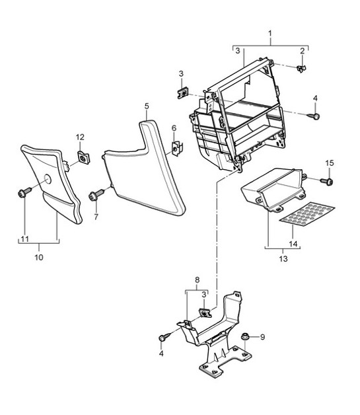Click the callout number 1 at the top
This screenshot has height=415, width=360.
pyautogui.click(x=270, y=34)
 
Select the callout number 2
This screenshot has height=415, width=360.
pyautogui.click(x=303, y=51)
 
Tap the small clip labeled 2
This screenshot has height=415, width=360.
pyautogui.click(x=301, y=69)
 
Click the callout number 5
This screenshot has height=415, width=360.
pyautogui.click(x=147, y=106)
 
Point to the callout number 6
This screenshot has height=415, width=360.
pyautogui.click(x=174, y=128)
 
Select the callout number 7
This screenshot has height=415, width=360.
pyautogui.click(x=96, y=217)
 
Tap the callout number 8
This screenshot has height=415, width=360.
pyautogui.click(x=197, y=280)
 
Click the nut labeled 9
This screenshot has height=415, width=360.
pyautogui.click(x=244, y=337)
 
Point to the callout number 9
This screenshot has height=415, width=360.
pyautogui.click(x=262, y=337)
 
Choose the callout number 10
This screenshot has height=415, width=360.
pyautogui.click(x=39, y=257)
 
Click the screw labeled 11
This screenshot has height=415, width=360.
pyautogui.click(x=24, y=193)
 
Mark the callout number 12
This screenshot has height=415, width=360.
pyautogui.click(x=80, y=137)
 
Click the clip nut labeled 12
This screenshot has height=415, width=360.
pyautogui.click(x=84, y=157)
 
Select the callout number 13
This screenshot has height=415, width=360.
pyautogui.click(x=283, y=258)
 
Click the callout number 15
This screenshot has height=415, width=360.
pyautogui.click(x=330, y=163)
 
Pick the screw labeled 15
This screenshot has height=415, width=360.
pyautogui.click(x=327, y=182)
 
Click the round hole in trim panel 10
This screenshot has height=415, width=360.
pyautogui.click(x=48, y=179)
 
